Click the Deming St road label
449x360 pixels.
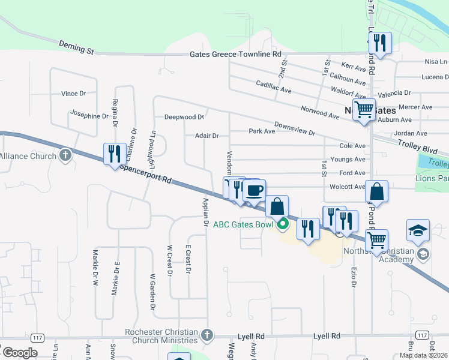pyautogui.click(x=77, y=47)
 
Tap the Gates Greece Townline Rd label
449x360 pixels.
pyautogui.click(x=235, y=54)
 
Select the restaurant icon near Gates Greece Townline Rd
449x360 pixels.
pyautogui.click(x=380, y=42)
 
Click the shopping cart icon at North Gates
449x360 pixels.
pyautogui.click(x=364, y=109)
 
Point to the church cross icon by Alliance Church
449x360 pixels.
pyautogui.click(x=65, y=156)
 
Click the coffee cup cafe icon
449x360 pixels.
pyautogui.click(x=255, y=190)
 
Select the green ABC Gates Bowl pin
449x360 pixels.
pyautogui.click(x=283, y=224)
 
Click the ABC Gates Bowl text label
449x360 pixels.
pyautogui.click(x=241, y=225)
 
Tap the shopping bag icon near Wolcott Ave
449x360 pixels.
pyautogui.click(x=376, y=193)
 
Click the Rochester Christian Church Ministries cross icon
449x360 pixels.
pyautogui.click(x=206, y=334)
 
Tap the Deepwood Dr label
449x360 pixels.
pyautogui.click(x=185, y=117)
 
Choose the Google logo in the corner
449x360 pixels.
pyautogui.click(x=19, y=353)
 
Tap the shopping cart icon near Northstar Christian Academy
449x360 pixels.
pyautogui.click(x=376, y=239)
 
